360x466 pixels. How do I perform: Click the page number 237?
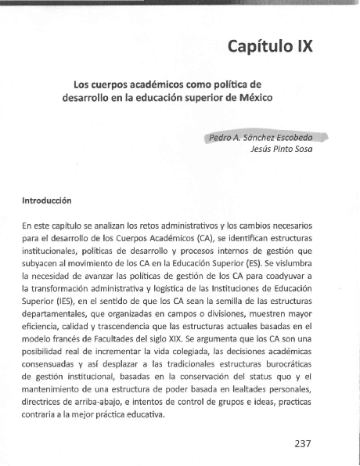pos(304,443)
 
